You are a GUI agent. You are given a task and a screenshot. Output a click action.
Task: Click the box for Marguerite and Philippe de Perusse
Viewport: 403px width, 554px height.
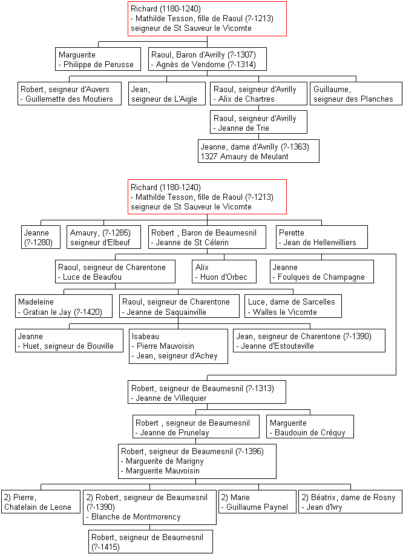(x=98, y=59)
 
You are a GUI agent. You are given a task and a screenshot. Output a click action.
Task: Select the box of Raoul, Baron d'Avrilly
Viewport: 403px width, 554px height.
(x=208, y=59)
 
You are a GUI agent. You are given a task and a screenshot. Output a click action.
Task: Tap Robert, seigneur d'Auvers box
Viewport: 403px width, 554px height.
(x=70, y=94)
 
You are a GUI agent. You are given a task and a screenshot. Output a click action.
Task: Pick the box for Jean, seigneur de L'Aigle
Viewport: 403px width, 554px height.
(x=167, y=94)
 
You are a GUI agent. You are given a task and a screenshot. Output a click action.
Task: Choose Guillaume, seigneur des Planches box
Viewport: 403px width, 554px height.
(x=356, y=94)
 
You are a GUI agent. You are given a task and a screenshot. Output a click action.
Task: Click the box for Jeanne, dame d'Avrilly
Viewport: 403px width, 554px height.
(x=258, y=151)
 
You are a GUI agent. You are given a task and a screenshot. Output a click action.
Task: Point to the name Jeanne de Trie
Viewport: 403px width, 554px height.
(x=244, y=128)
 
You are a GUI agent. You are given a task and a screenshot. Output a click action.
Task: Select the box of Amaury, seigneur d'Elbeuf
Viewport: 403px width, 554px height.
(x=103, y=237)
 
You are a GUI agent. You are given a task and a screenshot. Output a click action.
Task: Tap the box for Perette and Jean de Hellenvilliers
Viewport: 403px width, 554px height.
(x=322, y=237)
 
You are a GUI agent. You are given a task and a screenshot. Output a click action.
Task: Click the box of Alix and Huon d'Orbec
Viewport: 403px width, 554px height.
(x=224, y=272)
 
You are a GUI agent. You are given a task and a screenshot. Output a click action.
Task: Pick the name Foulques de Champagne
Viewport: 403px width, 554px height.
(x=321, y=277)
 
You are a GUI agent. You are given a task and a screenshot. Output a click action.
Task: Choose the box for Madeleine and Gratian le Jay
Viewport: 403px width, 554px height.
(x=64, y=306)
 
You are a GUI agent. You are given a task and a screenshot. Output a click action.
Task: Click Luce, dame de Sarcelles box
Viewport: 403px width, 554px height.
(x=293, y=306)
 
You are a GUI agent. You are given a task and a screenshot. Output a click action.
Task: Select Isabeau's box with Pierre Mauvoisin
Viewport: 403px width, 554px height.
(x=179, y=346)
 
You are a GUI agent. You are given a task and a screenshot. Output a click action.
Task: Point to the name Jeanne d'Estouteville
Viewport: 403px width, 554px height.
(x=277, y=346)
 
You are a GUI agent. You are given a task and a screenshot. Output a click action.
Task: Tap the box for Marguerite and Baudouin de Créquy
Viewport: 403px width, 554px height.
(x=310, y=426)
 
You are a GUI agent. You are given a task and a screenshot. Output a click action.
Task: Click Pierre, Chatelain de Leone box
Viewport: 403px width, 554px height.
(x=41, y=502)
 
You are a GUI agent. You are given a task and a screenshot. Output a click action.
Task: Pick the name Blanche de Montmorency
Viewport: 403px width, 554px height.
(x=136, y=516)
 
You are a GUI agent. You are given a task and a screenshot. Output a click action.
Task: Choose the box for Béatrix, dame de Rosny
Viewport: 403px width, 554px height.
(x=350, y=502)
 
